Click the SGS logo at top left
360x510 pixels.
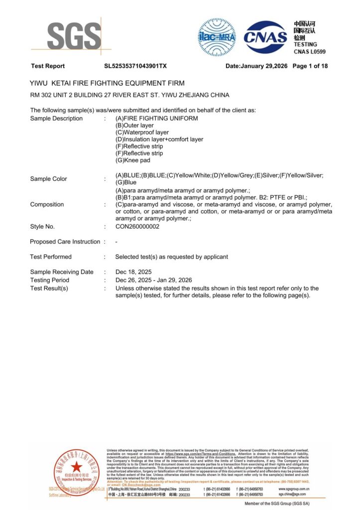(74, 36)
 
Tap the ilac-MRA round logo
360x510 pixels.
(217, 37)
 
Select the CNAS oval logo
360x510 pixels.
(265, 37)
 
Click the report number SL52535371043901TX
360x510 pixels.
(135, 66)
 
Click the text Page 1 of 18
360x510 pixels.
(310, 66)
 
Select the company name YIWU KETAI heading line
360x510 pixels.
(108, 83)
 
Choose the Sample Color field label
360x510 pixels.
(48, 179)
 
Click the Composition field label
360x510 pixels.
(47, 204)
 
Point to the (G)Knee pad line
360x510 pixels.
(132, 160)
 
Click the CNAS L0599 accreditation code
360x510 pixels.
(309, 52)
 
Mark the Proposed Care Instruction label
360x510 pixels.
(65, 242)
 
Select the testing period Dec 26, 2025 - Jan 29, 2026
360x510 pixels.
(153, 280)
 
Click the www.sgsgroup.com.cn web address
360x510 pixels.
(295, 489)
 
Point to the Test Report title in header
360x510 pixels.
(48, 66)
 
